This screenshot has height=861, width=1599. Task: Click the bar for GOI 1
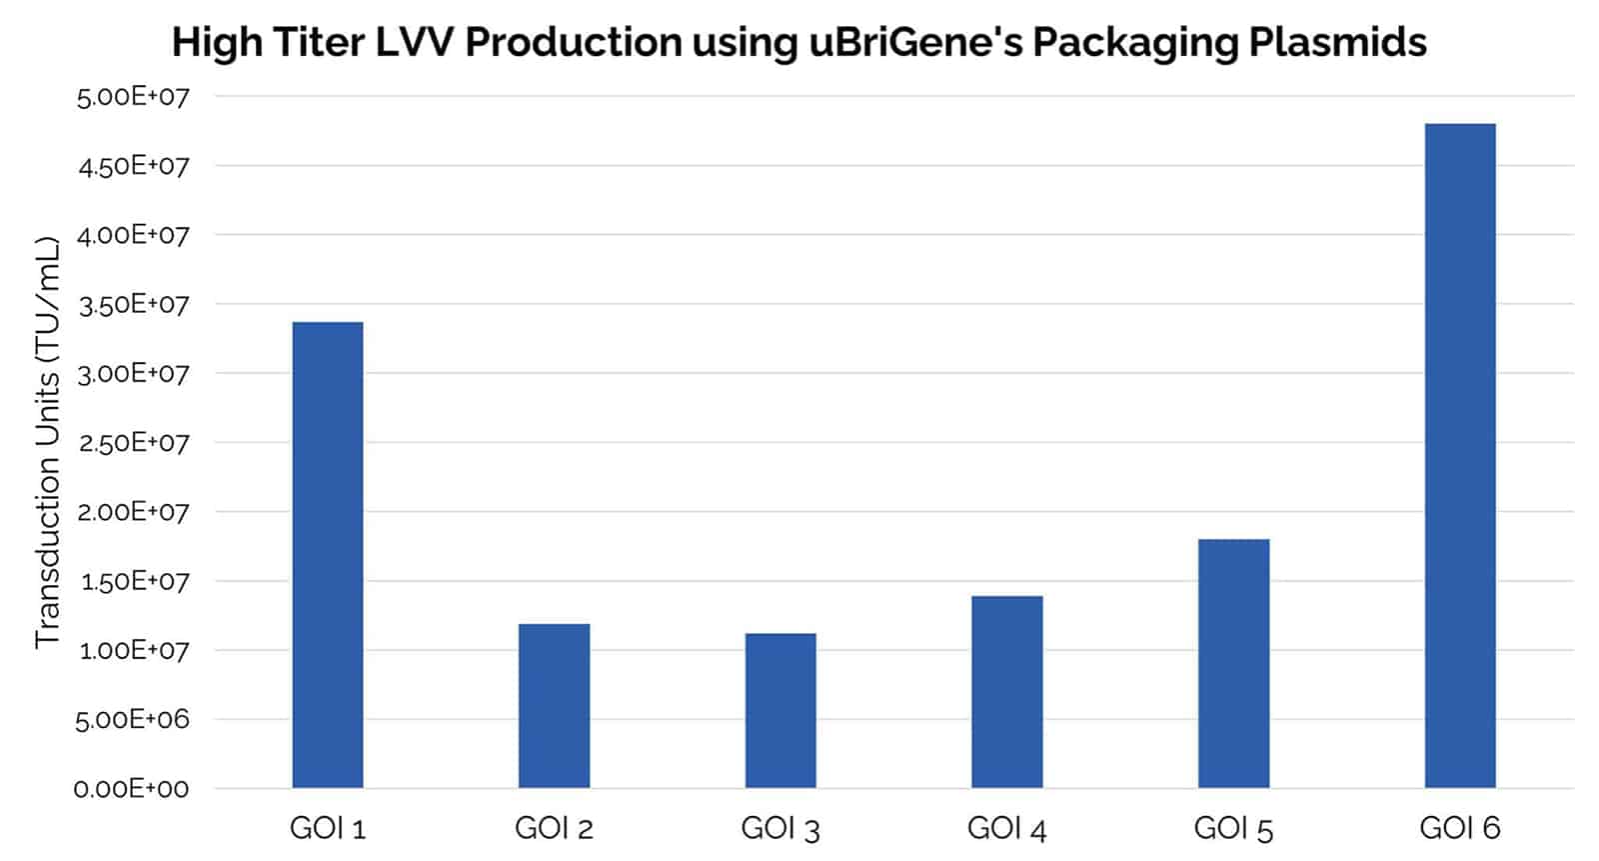point(328,555)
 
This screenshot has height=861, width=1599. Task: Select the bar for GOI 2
point(554,706)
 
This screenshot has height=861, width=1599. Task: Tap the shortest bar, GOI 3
point(781,711)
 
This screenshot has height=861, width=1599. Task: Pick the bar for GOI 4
point(1006,692)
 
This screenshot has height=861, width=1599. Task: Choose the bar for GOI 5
point(1233,664)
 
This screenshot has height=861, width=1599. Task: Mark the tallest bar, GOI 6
point(1460,456)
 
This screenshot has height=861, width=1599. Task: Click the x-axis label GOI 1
point(328,828)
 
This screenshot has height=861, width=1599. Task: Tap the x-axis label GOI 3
point(781,828)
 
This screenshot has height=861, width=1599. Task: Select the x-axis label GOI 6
point(1460,828)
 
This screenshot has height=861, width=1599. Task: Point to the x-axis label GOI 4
point(1006,828)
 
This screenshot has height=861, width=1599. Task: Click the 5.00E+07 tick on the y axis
point(133,97)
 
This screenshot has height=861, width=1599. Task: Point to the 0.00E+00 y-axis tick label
point(131,789)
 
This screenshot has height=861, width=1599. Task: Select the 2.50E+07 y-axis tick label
point(133,443)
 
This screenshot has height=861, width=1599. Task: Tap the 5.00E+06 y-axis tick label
point(131,720)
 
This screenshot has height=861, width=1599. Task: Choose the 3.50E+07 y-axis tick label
point(133,305)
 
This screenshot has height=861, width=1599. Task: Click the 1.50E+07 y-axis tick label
point(133,581)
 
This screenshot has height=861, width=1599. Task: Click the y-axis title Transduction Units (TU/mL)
point(48,442)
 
